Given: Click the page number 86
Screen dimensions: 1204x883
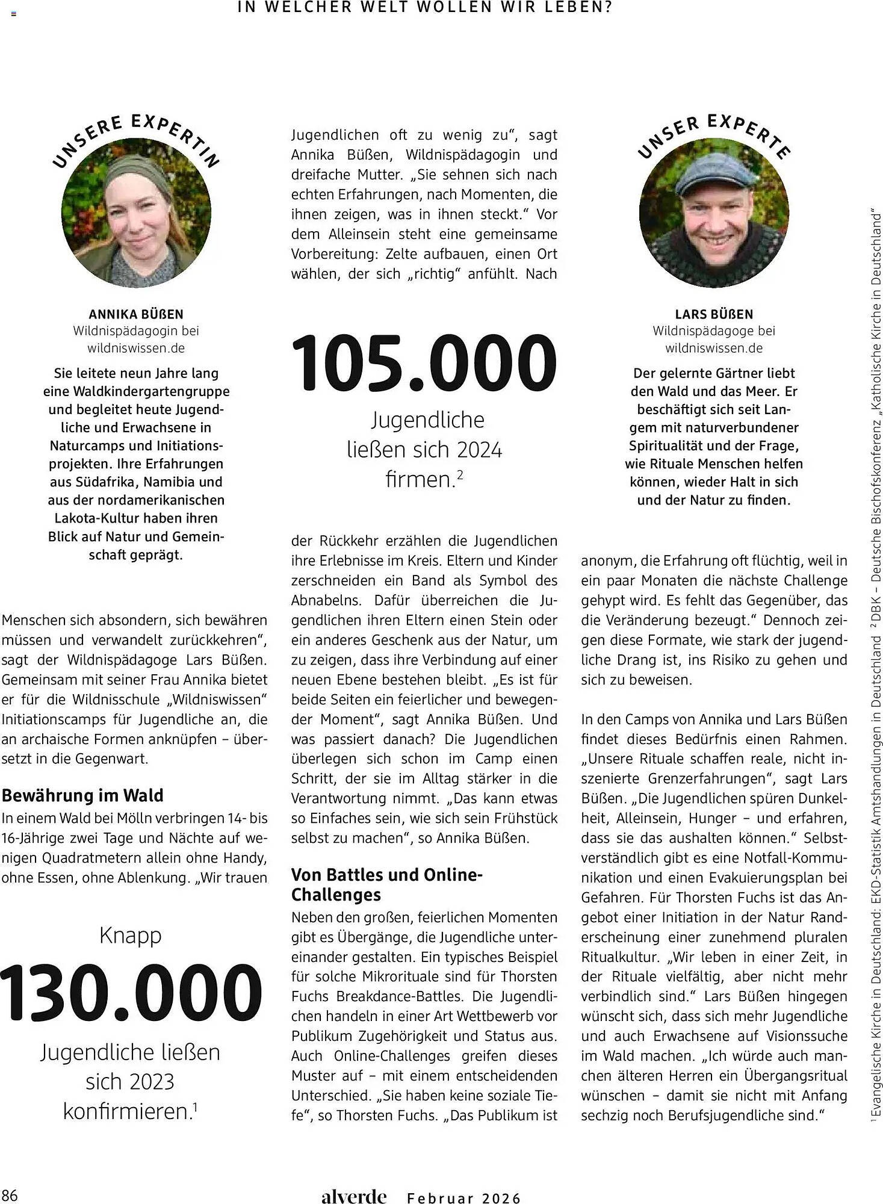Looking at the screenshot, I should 10,1194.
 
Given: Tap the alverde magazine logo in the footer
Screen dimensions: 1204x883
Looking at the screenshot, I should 353,1196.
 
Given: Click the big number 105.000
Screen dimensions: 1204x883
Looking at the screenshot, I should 424,364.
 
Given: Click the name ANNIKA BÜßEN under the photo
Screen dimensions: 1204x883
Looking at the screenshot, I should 136,314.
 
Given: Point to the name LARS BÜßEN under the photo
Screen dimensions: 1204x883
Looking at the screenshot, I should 714,314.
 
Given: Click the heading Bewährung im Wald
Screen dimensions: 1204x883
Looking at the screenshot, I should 82,795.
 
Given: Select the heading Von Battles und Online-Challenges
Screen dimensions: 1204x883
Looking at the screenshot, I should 387,884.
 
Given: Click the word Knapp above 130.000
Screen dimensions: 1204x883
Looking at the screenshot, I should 131,936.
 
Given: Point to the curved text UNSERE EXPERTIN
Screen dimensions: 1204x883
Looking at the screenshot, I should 136,135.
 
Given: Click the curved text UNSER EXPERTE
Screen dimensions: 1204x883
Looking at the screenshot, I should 714,134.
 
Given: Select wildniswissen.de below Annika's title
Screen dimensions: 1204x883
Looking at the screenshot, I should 136,348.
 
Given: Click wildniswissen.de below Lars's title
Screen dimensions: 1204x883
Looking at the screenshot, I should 714,348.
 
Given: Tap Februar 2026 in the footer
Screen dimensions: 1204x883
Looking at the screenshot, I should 464,1198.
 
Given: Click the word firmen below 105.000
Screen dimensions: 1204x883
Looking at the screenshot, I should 420,480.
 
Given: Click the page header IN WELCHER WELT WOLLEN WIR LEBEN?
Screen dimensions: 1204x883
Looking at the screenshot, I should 426,8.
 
